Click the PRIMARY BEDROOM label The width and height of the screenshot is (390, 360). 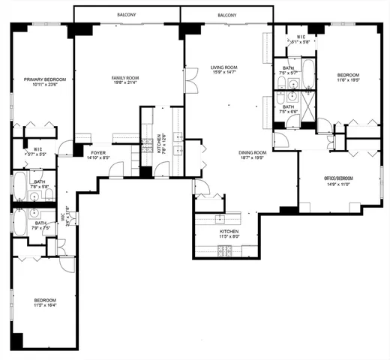[44, 79]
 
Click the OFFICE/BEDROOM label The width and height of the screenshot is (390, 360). [337, 178]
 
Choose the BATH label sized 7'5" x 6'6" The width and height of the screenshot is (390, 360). [289, 107]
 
